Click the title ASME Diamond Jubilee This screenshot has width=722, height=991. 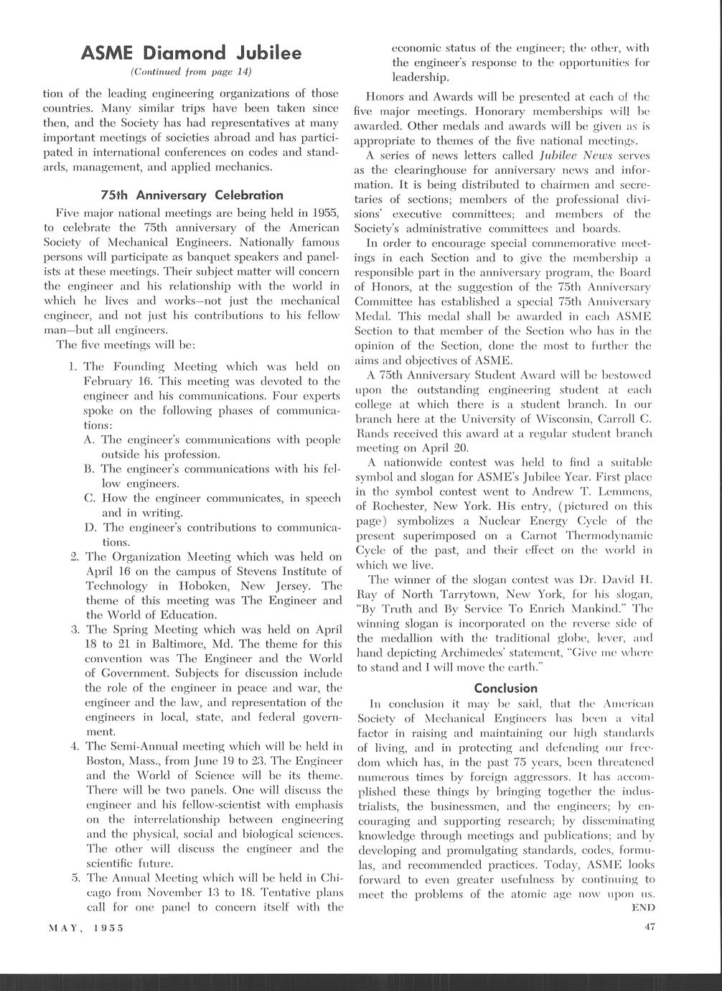191,53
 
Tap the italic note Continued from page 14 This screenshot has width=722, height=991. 191,73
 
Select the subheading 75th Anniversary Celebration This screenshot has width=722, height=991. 192,195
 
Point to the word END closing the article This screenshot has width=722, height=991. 643,908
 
